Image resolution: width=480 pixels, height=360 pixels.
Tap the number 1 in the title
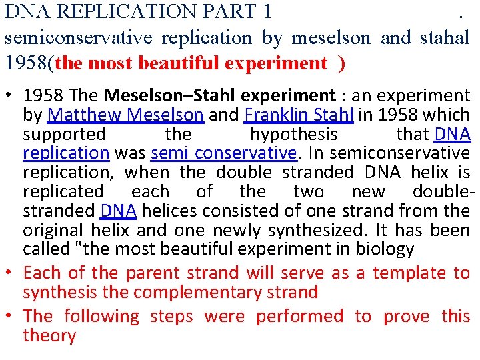267,11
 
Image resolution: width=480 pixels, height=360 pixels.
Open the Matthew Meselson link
126,115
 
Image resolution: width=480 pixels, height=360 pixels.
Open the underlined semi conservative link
223,153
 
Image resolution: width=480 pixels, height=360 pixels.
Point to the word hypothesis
293,134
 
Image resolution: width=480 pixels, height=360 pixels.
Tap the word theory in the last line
49,335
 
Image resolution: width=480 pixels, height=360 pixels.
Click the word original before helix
53,230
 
